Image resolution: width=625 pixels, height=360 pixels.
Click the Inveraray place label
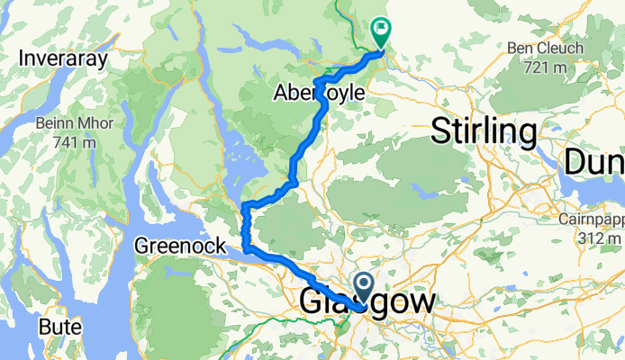pos(63,59)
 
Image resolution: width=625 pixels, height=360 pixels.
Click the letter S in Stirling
pos(442,131)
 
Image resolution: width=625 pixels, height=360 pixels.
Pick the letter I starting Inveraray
pos(23,59)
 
